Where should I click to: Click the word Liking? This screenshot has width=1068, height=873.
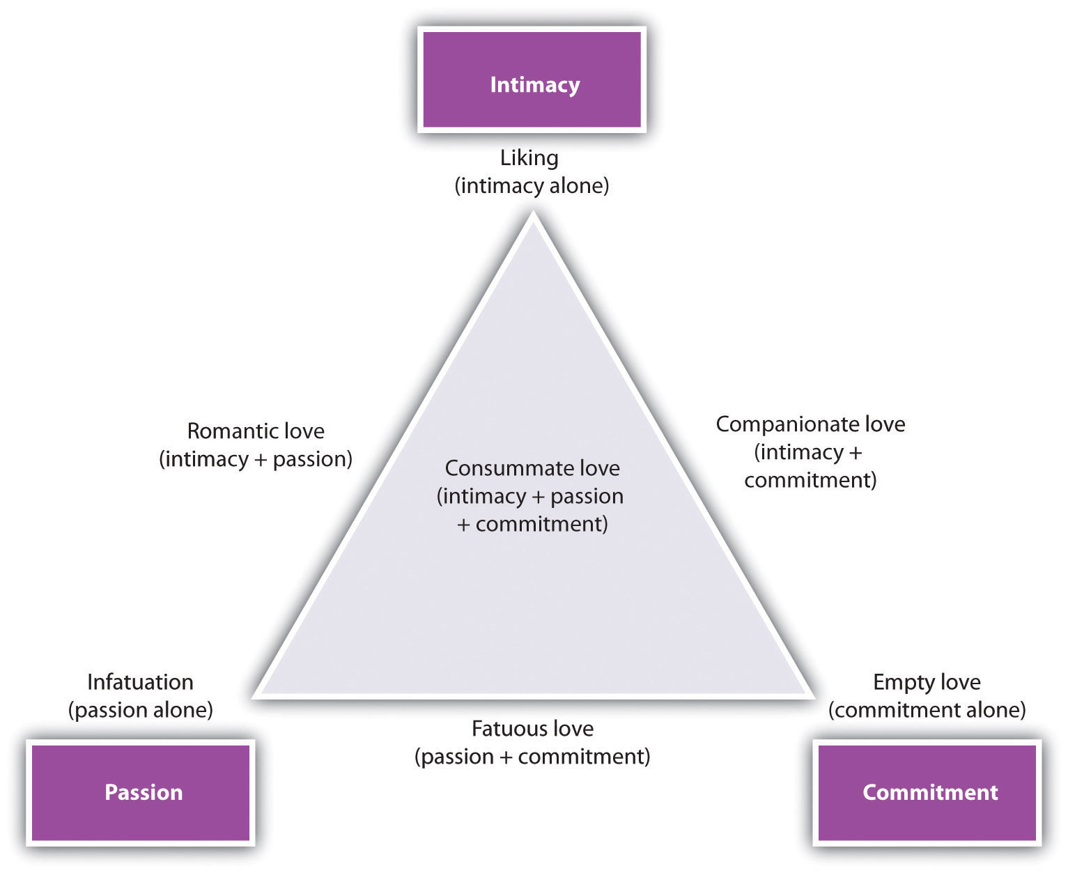pyautogui.click(x=529, y=158)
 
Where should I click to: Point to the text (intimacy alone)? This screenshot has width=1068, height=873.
pyautogui.click(x=532, y=187)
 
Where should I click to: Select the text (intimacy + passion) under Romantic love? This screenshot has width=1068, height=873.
pyautogui.click(x=256, y=459)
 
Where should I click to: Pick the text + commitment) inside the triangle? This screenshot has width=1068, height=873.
pyautogui.click(x=532, y=524)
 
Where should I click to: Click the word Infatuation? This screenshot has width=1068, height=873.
pyautogui.click(x=140, y=681)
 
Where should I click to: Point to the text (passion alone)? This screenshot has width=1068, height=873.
pyautogui.click(x=140, y=710)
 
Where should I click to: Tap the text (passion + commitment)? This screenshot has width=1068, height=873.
pyautogui.click(x=532, y=757)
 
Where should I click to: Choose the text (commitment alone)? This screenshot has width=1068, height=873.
pyautogui.click(x=927, y=710)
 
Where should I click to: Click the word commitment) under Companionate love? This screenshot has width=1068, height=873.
pyautogui.click(x=810, y=480)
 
